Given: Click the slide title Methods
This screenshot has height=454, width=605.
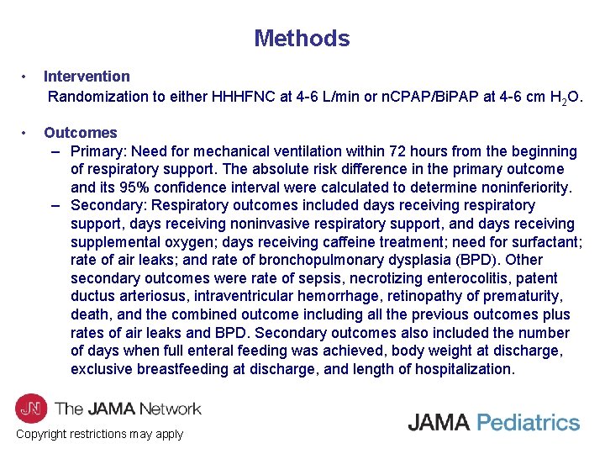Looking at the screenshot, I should point(302,39).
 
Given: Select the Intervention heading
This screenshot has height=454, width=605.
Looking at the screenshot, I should point(87,77).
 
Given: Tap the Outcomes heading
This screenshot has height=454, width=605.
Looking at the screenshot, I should point(81,133).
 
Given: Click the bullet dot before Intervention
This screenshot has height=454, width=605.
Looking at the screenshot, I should point(27,77).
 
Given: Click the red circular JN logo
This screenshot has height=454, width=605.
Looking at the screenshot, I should point(31,408).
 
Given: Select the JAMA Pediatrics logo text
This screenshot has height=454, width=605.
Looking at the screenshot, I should point(494,422).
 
